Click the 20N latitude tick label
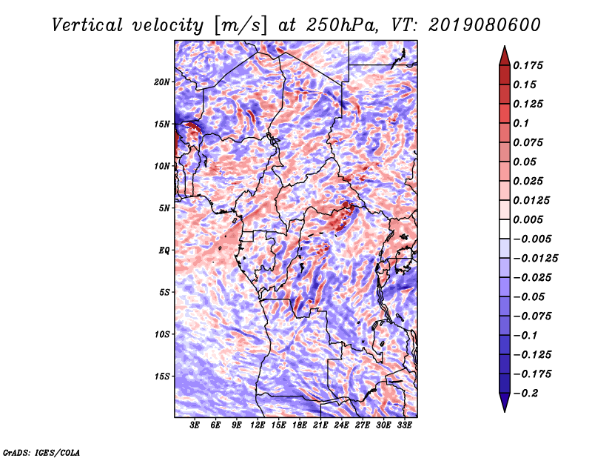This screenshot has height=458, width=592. point(162,82)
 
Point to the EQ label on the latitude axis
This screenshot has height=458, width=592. point(164,250)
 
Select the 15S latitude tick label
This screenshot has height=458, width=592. point(162,376)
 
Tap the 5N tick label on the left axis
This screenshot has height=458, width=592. point(164,208)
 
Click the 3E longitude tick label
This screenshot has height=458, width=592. point(195,425)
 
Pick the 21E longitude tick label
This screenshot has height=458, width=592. point(320,425)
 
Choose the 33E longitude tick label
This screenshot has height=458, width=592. point(404,425)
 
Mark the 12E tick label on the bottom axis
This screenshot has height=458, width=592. point(258,425)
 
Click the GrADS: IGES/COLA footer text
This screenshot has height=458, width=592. point(41,451)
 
